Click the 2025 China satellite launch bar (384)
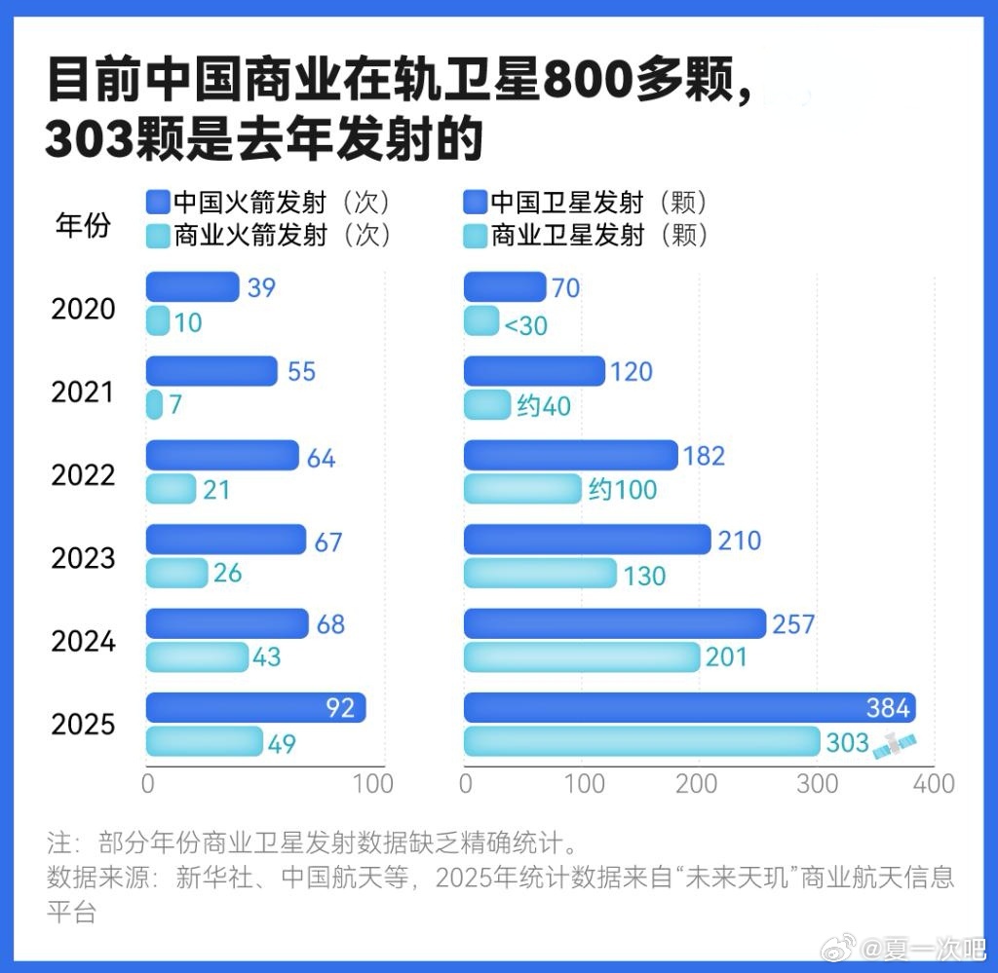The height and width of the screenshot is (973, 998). [x=688, y=708]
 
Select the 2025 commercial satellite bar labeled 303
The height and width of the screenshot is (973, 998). [x=641, y=742]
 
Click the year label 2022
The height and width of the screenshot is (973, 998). [x=83, y=475]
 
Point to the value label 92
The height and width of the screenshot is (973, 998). [x=339, y=708]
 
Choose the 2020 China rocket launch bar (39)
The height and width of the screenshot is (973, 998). [x=192, y=287]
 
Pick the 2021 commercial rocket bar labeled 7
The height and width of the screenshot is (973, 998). [x=154, y=404]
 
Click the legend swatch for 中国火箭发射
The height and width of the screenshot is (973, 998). [x=158, y=202]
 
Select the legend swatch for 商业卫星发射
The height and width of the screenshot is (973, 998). [x=475, y=235]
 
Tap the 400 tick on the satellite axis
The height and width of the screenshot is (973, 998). [x=934, y=783]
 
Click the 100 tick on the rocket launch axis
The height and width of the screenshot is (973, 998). [x=372, y=783]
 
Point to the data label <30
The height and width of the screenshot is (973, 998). [x=525, y=325]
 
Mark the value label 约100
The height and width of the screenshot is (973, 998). [x=623, y=490]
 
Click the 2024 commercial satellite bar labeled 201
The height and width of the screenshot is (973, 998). [x=581, y=657]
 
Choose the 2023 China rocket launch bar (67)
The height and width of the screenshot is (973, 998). [x=226, y=540]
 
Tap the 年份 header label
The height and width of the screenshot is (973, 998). [x=83, y=226]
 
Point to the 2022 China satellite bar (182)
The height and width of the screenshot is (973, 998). [x=570, y=456]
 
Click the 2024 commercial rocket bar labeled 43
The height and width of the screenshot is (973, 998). [x=197, y=657]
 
